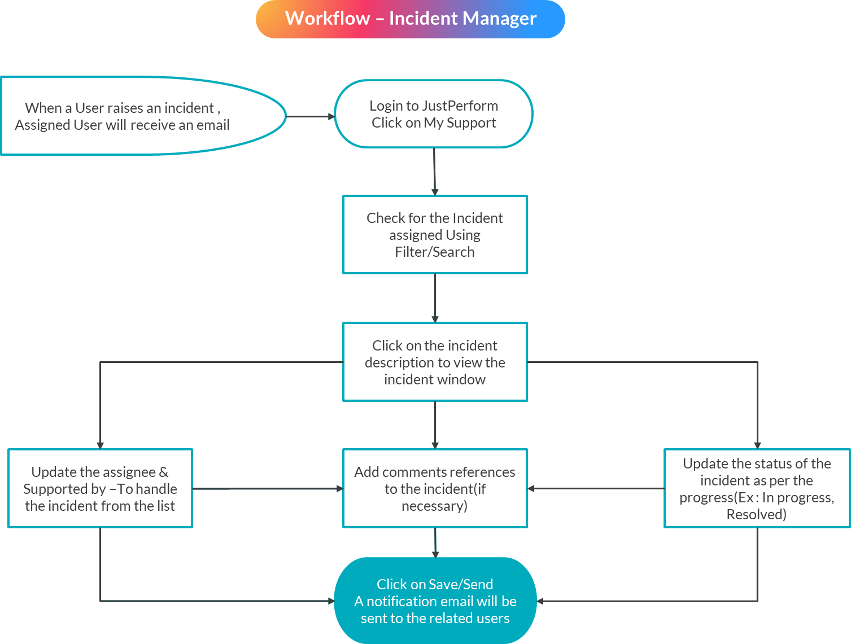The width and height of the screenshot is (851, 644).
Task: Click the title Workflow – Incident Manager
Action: click(411, 19)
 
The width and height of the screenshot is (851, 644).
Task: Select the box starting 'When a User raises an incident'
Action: click(122, 116)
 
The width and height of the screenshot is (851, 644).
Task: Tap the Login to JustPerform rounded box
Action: click(434, 114)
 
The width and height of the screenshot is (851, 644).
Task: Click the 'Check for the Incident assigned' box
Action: click(435, 235)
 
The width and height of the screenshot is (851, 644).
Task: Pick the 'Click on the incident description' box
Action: click(435, 362)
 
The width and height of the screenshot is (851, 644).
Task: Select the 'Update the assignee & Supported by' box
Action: click(100, 488)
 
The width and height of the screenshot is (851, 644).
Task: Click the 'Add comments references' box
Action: click(435, 488)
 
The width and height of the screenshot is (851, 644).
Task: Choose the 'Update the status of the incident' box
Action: click(757, 488)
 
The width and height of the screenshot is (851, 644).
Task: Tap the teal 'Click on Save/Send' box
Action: click(435, 601)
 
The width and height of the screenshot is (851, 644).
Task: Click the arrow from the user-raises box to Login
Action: click(311, 117)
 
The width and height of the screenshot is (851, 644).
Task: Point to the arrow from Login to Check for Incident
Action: click(434, 172)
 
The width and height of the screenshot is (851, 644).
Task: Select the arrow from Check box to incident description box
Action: click(435, 298)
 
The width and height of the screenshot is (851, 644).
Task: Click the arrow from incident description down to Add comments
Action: click(435, 424)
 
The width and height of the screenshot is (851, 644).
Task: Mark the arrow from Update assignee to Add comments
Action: click(268, 489)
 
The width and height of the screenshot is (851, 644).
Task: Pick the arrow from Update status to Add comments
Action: click(596, 489)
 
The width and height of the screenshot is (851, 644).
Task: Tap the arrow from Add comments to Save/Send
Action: click(435, 542)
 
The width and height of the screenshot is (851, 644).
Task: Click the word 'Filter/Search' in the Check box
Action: click(435, 252)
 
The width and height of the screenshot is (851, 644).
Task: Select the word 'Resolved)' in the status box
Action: click(756, 515)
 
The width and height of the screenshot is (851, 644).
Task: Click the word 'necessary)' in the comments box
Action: click(434, 506)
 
